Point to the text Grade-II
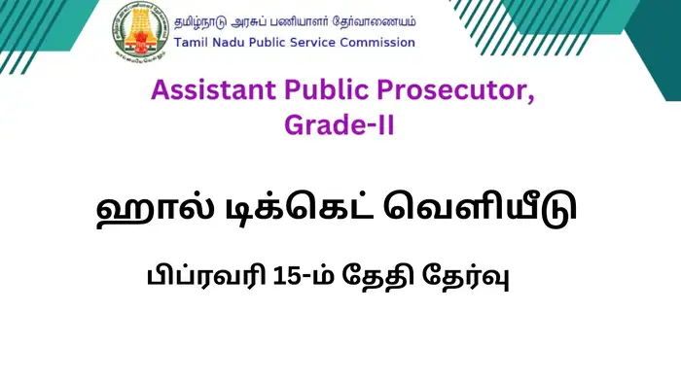point(339,125)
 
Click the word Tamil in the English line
point(192,43)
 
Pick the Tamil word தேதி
point(384,277)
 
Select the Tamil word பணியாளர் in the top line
point(315,18)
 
